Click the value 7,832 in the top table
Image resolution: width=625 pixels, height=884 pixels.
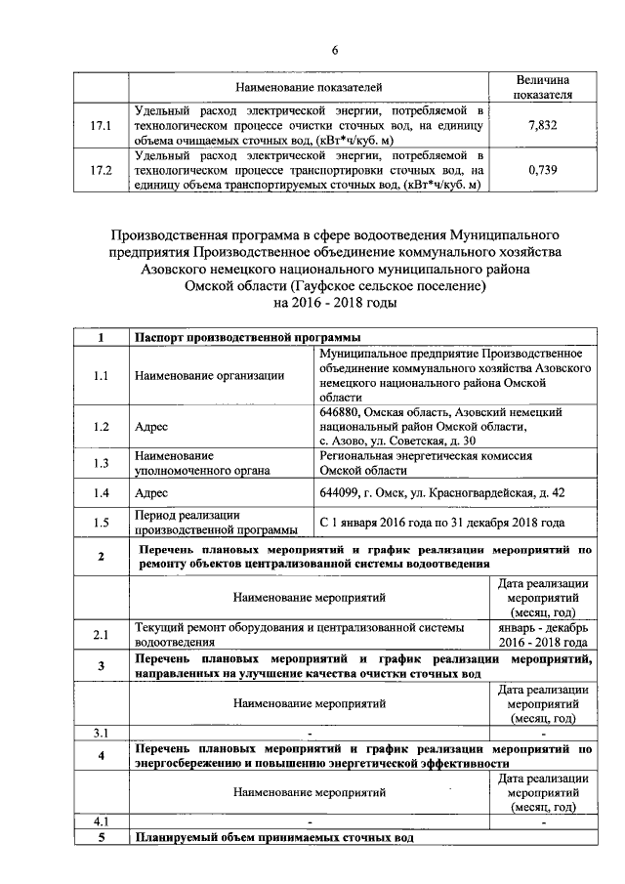pos(541,126)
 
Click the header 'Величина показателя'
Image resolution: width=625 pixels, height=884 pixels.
pos(542,87)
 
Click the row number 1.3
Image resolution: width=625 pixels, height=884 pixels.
pos(102,463)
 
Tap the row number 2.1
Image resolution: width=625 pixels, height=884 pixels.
pos(102,636)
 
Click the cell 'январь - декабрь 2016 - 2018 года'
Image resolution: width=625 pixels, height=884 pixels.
pos(542,636)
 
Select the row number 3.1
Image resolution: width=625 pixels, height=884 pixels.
pos(102,732)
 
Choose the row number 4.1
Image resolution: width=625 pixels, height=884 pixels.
pos(102,821)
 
